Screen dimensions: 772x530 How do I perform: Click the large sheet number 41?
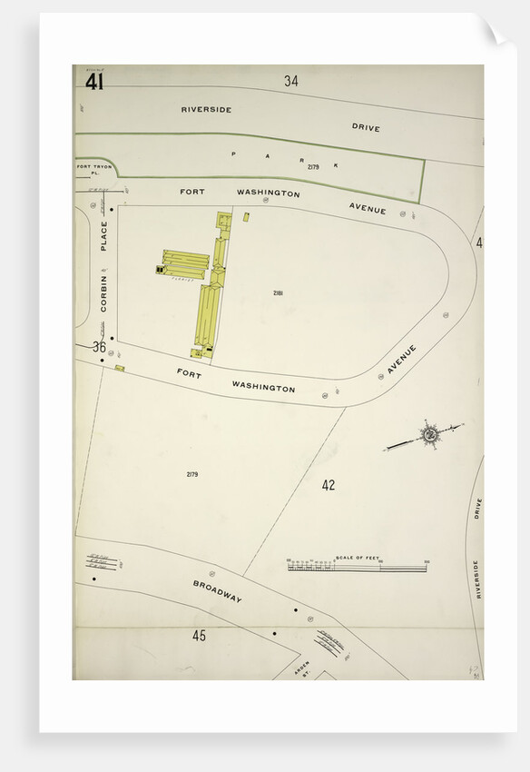(94, 82)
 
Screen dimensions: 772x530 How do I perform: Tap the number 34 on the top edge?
(290, 81)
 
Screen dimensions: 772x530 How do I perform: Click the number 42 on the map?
(328, 485)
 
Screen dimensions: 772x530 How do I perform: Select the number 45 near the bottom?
(199, 635)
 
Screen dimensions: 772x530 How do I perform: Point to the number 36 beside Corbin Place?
(99, 346)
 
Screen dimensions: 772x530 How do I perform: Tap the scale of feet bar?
(358, 568)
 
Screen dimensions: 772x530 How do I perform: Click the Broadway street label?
(217, 591)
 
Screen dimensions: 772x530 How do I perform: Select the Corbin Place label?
(103, 267)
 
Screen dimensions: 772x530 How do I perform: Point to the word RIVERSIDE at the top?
(206, 109)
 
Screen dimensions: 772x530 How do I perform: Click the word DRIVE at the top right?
(366, 127)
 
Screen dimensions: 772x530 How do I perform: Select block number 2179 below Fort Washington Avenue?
(192, 474)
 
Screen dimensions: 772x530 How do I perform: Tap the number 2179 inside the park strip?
(313, 167)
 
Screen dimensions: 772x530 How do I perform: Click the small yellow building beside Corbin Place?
(120, 368)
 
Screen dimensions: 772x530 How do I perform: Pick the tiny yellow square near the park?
(246, 216)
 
